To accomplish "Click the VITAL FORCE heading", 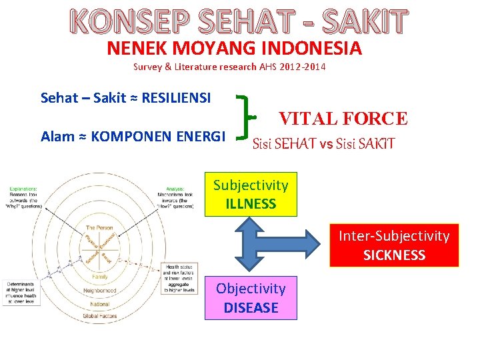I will [x=343, y=119].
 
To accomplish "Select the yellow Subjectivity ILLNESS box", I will [x=251, y=195].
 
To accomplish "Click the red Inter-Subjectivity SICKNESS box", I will [x=394, y=245].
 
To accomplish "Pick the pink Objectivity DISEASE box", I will [x=251, y=298].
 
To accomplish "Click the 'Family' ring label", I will [x=100, y=276].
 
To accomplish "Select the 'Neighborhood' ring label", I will [x=100, y=291].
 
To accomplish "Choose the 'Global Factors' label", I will [x=100, y=316].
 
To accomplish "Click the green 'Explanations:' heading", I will [x=23, y=189].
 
